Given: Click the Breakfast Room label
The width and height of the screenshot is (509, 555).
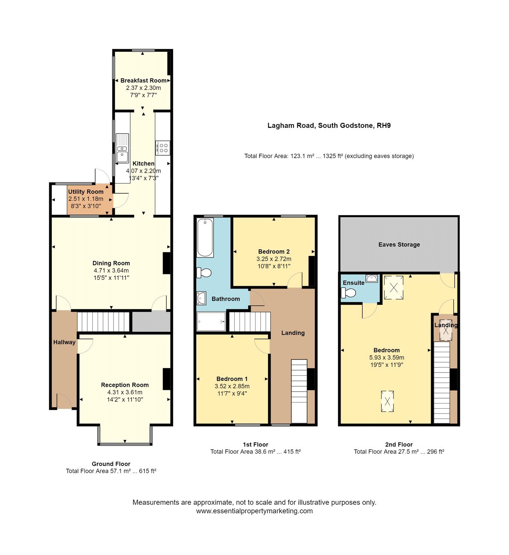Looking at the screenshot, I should point(143,80).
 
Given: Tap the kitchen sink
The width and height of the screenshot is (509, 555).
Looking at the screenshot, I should point(122,148).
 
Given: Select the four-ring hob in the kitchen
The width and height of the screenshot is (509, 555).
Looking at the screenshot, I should point(162,148).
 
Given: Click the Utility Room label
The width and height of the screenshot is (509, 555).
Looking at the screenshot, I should point(85,191).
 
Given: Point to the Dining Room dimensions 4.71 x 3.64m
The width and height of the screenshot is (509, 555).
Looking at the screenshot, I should point(111,271).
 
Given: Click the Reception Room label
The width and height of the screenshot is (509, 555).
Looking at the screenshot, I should point(125,385).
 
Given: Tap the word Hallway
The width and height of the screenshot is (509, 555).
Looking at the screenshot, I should point(64,342).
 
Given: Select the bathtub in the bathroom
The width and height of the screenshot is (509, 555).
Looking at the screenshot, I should point(205,238).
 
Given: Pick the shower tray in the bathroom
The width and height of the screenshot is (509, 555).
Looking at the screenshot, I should point(211,322).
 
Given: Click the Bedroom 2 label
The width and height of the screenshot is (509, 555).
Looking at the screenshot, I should point(274,251).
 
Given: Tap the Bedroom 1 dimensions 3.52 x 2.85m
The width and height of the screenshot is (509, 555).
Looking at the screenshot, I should point(232,386).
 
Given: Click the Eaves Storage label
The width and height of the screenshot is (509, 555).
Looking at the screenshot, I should point(399,245).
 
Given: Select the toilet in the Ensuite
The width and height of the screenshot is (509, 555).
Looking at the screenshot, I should point(349,293).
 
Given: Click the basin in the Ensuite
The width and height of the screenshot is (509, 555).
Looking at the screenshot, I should point(372,278).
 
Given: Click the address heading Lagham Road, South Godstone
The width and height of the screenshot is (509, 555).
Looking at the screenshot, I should point(329,126).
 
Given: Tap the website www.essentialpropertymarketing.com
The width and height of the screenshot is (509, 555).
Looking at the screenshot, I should point(254,511).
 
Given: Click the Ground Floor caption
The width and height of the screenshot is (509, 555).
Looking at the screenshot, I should point(111,464).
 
